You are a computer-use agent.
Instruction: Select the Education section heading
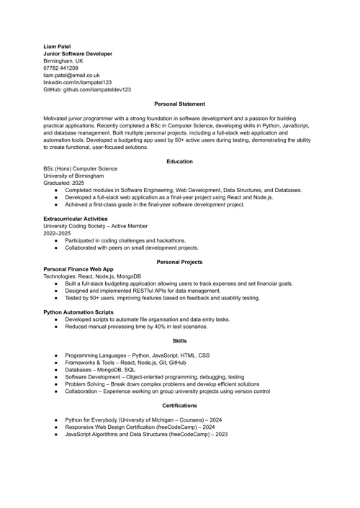[x=179, y=161]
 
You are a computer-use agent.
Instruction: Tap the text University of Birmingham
[x=73, y=176]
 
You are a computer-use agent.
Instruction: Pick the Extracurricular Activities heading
[x=76, y=219]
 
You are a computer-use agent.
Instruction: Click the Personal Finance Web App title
[x=78, y=269]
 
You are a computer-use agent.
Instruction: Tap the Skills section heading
[x=179, y=341]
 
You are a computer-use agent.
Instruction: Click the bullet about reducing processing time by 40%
[x=136, y=327]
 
